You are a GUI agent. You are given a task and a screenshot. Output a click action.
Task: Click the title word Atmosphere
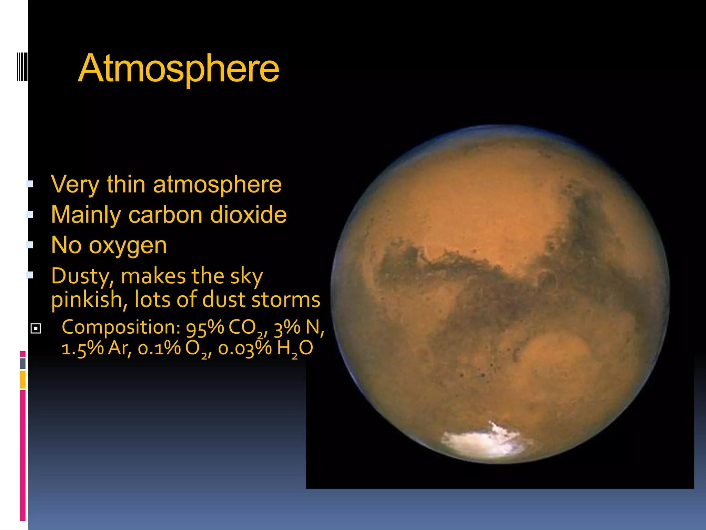[178, 69]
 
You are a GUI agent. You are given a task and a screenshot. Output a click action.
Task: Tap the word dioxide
[248, 215]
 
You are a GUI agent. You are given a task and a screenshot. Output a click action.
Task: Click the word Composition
[121, 327]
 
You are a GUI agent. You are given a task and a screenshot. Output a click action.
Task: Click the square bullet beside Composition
[36, 328]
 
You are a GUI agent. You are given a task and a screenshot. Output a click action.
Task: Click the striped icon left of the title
[22, 67]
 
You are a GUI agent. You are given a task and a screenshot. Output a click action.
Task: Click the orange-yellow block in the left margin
[22, 380]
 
